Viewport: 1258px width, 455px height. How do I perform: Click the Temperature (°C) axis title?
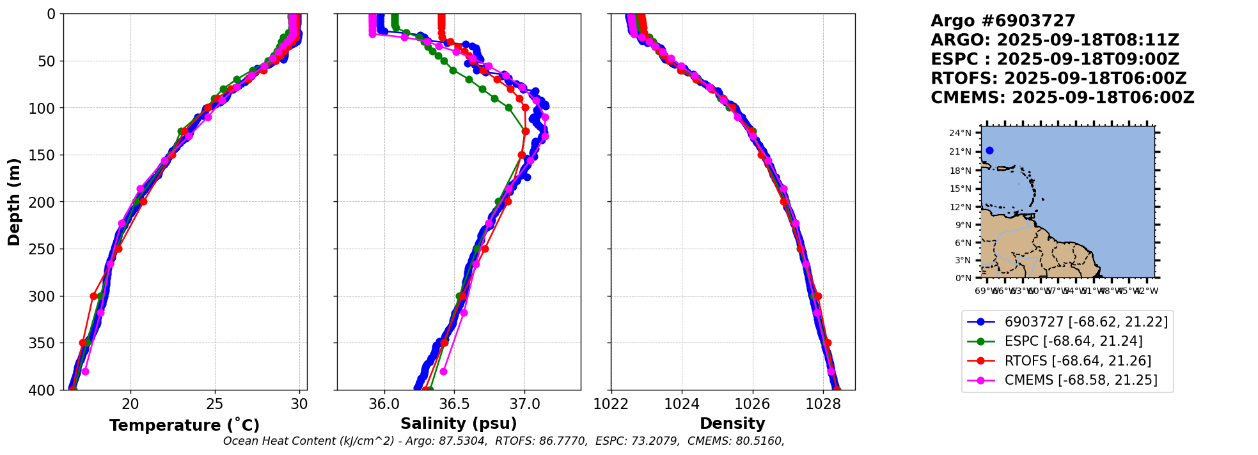click(184, 426)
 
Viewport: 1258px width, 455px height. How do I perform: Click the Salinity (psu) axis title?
click(459, 424)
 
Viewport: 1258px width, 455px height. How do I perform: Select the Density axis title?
click(732, 424)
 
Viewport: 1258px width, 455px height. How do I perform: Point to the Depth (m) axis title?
click(14, 201)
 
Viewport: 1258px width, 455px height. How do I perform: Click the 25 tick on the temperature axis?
click(215, 404)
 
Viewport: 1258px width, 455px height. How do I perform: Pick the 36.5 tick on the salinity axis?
click(454, 404)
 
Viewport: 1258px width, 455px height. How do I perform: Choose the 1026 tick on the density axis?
click(752, 404)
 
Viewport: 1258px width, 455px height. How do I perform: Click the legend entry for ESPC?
click(1073, 341)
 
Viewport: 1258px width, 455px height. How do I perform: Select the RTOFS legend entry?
click(1078, 361)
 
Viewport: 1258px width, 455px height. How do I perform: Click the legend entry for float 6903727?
click(1086, 322)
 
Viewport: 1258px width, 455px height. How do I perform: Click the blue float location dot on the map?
click(989, 151)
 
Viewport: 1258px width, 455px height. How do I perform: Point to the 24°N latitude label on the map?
click(960, 134)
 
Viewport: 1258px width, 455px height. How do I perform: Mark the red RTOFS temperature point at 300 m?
click(94, 296)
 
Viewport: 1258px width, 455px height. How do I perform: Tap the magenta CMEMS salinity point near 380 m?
click(443, 371)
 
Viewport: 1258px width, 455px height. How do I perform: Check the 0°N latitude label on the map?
click(963, 278)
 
